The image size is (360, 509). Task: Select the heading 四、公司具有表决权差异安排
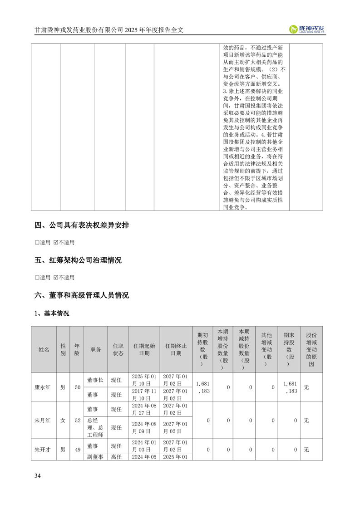click(82, 225)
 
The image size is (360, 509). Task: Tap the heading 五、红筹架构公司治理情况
click(78, 260)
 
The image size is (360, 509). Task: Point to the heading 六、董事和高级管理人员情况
click(82, 295)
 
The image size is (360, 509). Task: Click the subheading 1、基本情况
click(52, 313)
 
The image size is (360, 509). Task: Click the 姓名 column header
click(44, 349)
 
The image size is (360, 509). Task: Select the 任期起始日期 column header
click(144, 349)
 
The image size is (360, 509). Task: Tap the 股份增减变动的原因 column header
click(311, 349)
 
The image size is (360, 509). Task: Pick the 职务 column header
click(95, 349)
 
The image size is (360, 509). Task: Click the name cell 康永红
click(44, 387)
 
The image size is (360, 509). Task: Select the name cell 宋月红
click(44, 421)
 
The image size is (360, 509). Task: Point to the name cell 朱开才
click(44, 450)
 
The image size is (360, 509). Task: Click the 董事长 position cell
click(95, 380)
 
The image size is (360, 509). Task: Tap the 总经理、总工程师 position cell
click(95, 427)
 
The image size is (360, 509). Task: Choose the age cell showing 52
click(78, 421)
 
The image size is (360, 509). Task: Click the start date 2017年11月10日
click(144, 395)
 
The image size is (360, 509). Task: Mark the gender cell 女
click(63, 421)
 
